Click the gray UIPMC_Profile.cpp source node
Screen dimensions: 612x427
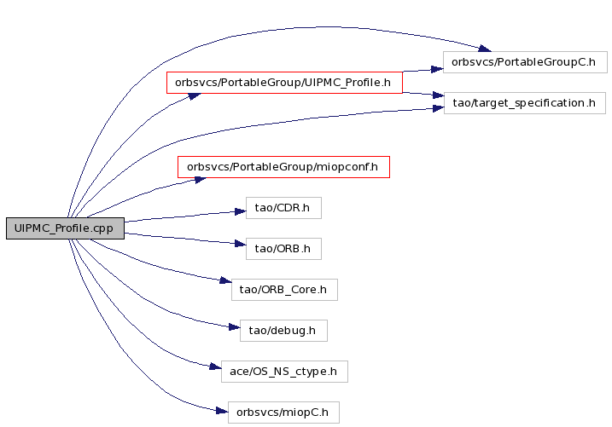tap(65, 228)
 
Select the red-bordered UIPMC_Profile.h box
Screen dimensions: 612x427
tap(284, 83)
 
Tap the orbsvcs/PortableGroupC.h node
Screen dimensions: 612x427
tap(525, 62)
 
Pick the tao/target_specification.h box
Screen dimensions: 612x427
tap(525, 103)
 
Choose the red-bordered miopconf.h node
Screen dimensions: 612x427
tap(283, 167)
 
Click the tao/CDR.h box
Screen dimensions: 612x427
tap(283, 208)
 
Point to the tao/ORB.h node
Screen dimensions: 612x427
tap(283, 249)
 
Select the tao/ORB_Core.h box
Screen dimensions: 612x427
tap(284, 290)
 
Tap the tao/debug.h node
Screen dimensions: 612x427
tap(283, 331)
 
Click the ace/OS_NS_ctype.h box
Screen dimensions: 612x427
tap(284, 372)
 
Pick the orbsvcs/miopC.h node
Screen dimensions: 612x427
tap(283, 413)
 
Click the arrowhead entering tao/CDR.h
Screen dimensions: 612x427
tap(241, 211)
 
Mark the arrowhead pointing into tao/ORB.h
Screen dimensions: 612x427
tap(241, 245)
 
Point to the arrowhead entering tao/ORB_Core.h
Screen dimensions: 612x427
tap(226, 280)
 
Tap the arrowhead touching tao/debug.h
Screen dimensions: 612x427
tap(235, 327)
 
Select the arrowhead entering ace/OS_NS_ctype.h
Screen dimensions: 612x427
tap(216, 366)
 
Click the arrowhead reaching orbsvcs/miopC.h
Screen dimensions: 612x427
tap(223, 411)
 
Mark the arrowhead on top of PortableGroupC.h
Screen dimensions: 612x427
tap(485, 49)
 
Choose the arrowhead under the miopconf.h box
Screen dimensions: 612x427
tap(201, 180)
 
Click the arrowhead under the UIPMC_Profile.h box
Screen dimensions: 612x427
tap(195, 95)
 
